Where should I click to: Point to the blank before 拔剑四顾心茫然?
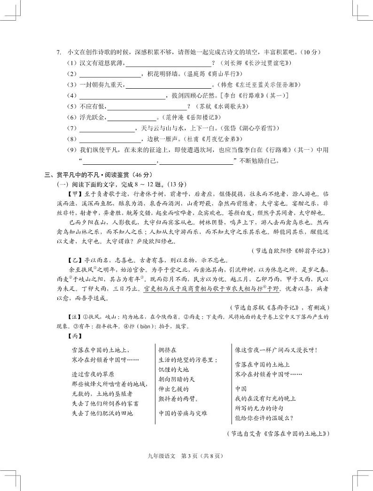click(x=122, y=96)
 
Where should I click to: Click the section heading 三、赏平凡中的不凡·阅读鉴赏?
click(x=89, y=175)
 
